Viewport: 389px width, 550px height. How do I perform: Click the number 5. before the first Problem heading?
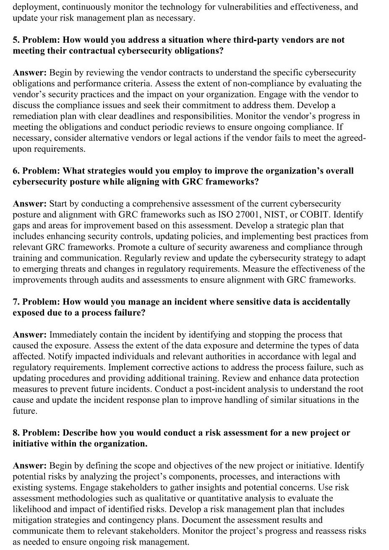(16, 40)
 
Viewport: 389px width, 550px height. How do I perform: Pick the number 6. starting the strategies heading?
(16, 171)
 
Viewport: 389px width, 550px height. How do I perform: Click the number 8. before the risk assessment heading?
(16, 433)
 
